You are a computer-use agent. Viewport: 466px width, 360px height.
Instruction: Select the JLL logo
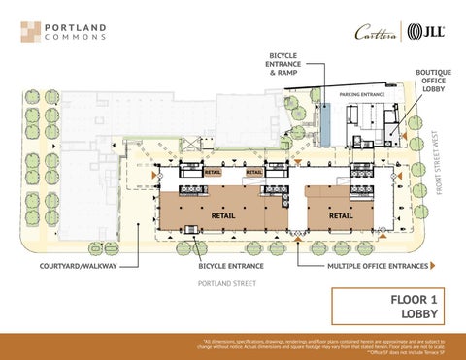click(426, 31)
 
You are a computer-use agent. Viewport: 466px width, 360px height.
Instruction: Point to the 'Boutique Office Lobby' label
click(432, 81)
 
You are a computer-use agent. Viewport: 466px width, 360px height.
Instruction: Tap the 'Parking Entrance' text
click(363, 94)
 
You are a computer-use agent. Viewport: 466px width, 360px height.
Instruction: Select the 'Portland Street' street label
click(226, 284)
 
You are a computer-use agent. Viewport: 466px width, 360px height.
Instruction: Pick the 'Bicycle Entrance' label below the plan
click(232, 265)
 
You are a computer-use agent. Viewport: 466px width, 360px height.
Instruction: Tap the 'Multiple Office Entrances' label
click(377, 265)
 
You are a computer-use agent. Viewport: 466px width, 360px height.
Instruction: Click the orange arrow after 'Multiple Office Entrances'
click(432, 265)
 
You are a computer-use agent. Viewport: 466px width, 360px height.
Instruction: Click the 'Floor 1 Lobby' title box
click(388, 307)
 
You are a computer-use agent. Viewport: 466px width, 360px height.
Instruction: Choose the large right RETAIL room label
click(340, 214)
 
